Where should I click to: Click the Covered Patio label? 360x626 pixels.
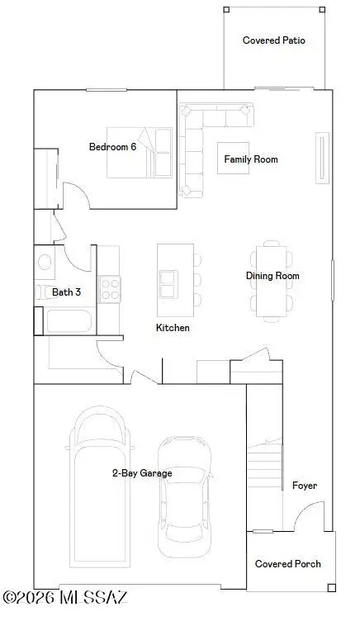coord(273,40)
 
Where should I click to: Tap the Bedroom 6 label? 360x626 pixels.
coord(112,146)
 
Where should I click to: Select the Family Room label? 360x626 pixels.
coord(253,159)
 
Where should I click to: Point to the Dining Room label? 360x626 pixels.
coord(272,276)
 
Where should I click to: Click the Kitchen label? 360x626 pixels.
coord(173,328)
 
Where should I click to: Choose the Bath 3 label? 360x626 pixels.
coord(66,292)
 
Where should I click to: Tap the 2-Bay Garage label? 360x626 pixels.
coord(142,473)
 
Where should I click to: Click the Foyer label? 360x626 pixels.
coord(305,486)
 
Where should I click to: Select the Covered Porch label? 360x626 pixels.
coord(287,564)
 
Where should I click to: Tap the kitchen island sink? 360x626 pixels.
coord(168,284)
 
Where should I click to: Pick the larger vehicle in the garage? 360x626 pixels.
coord(101,496)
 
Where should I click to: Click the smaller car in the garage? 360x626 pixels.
coord(183,500)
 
